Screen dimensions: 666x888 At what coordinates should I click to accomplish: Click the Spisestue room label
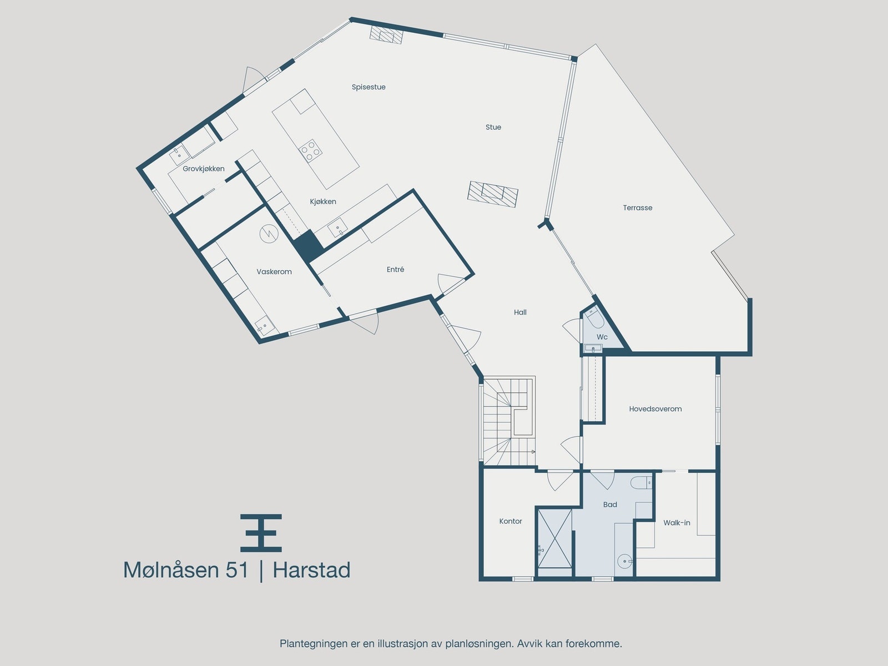pos(369,87)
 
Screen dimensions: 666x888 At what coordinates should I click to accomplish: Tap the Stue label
pos(493,127)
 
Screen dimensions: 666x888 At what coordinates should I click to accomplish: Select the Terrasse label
pos(637,208)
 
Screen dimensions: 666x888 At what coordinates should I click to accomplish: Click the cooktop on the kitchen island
pos(310,150)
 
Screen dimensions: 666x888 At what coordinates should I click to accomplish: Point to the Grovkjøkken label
pos(204,169)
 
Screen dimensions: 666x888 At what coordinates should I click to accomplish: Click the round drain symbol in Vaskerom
pos(268,233)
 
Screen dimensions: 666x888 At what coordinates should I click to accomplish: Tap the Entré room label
pos(395,270)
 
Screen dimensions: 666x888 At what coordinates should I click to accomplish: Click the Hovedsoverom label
pos(655,409)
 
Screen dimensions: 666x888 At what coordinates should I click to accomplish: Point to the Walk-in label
pos(677,523)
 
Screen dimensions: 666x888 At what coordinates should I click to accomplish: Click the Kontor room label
pos(510,521)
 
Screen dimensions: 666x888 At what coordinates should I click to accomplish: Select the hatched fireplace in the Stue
pos(493,194)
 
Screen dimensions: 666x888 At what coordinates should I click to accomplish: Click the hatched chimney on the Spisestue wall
pos(386,34)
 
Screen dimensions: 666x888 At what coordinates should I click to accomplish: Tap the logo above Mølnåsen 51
pos(261,533)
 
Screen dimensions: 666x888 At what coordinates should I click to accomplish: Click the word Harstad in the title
pos(311,571)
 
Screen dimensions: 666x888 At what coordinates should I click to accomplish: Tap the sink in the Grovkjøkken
pos(179,152)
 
